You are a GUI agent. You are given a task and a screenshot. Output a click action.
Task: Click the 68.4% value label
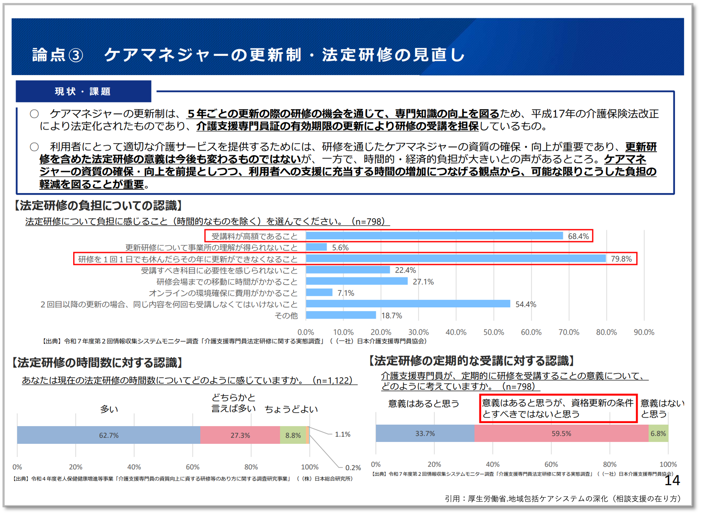578,236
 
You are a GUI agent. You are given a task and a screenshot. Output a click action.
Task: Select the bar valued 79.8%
455,258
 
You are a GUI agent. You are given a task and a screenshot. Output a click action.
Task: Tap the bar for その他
341,315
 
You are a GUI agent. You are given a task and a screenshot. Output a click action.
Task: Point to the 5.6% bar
316,247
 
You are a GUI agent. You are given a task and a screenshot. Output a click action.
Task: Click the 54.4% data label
525,304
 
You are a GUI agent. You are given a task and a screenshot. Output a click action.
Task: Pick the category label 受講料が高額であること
254,236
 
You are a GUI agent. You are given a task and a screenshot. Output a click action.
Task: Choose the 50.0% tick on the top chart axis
494,332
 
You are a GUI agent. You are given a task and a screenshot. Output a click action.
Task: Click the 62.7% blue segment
109,435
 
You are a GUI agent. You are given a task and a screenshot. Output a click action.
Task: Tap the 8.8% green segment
293,435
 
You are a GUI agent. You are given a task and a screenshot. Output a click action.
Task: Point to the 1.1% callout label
343,434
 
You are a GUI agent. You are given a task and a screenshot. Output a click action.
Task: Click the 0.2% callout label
353,468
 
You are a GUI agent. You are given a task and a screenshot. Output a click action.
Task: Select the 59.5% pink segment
561,434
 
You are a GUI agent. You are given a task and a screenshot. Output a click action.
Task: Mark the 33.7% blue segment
425,434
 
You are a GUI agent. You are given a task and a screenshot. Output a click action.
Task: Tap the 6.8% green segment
658,434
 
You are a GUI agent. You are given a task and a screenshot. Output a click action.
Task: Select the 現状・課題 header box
83,91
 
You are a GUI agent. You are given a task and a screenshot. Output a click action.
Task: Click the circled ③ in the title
76,55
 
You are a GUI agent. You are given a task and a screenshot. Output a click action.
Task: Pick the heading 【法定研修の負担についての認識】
98,206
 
